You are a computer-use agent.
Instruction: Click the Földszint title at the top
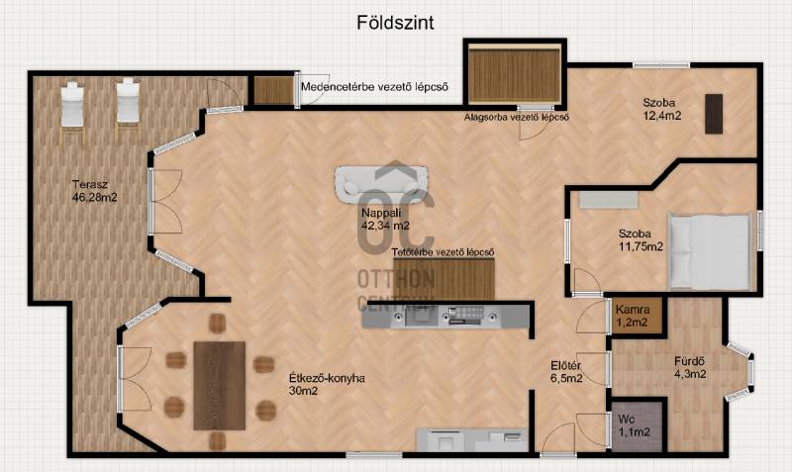395,23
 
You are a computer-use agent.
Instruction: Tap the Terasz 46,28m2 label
94,191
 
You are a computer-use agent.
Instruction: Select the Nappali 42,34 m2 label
385,219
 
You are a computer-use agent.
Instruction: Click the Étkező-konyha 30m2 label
327,384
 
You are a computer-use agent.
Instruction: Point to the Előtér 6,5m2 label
566,371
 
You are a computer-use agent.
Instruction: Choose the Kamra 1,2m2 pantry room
636,316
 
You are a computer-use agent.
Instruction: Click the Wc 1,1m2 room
638,425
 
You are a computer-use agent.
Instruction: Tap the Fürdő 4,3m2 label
690,367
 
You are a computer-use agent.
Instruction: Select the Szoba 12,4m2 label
661,109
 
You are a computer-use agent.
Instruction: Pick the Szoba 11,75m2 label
641,240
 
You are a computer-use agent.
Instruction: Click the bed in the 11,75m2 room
709,252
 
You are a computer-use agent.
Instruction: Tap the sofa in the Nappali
381,185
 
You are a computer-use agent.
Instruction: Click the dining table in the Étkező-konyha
220,386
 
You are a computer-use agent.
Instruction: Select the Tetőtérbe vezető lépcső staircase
444,280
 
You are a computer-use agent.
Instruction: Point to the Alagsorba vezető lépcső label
517,117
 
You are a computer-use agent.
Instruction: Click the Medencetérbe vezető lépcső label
374,87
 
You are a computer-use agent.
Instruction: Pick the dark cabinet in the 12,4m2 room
714,114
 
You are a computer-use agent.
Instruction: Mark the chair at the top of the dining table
217,324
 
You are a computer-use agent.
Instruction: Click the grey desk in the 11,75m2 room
608,200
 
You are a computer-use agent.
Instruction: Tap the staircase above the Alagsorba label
515,75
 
